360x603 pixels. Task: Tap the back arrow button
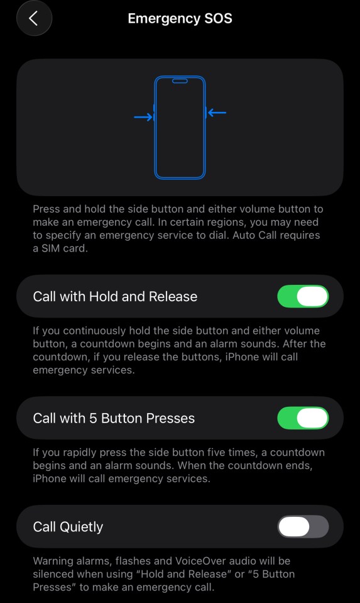tap(34, 18)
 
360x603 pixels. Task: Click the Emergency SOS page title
tap(180, 18)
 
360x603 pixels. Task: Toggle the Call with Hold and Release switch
tap(303, 296)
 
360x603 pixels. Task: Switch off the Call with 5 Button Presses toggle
tap(303, 418)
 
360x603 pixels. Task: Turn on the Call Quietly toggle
tap(303, 527)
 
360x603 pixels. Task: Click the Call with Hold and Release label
tap(115, 297)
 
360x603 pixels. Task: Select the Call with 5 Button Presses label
tap(114, 419)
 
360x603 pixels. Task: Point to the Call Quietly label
tap(68, 527)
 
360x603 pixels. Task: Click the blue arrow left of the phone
tap(143, 117)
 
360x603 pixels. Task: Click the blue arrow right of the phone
tap(217, 113)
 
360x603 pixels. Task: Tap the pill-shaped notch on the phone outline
tap(180, 80)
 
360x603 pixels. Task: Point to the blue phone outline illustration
tap(180, 128)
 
